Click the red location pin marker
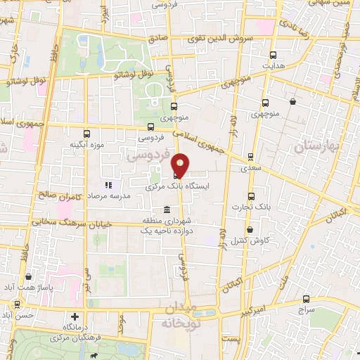pos(180,165)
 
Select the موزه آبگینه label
pos(87,145)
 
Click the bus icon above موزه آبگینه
pos(86,134)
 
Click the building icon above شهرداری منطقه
pos(167,210)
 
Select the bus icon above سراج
pos(306,298)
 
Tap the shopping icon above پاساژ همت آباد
pos(27,277)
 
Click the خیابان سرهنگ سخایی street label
pos(61,221)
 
